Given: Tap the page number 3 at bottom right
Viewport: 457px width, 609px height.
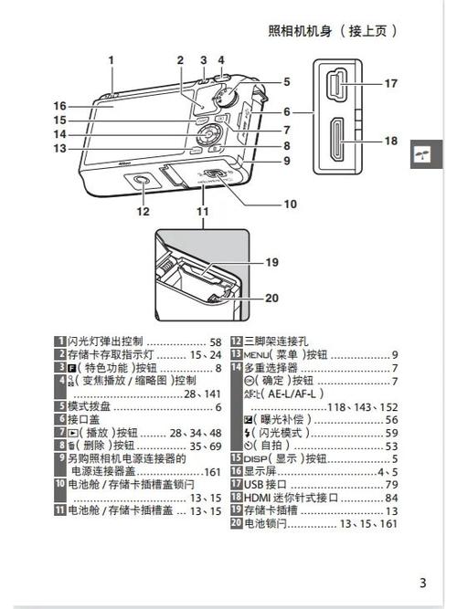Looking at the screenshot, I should click(422, 583).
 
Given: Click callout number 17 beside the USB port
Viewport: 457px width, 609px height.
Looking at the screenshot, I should click(391, 83).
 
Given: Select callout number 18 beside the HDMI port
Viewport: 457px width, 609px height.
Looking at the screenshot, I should click(391, 141).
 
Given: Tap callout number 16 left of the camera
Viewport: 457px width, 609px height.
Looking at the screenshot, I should click(59, 105).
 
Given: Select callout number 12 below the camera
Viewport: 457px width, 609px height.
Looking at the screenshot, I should click(143, 212).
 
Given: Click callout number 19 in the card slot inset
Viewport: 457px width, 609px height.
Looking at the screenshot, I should click(271, 262).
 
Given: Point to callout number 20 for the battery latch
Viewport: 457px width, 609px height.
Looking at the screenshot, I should click(271, 298).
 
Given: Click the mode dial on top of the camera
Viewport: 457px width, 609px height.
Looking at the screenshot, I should click(223, 96).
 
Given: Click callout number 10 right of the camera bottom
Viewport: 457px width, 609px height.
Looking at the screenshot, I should click(290, 204).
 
